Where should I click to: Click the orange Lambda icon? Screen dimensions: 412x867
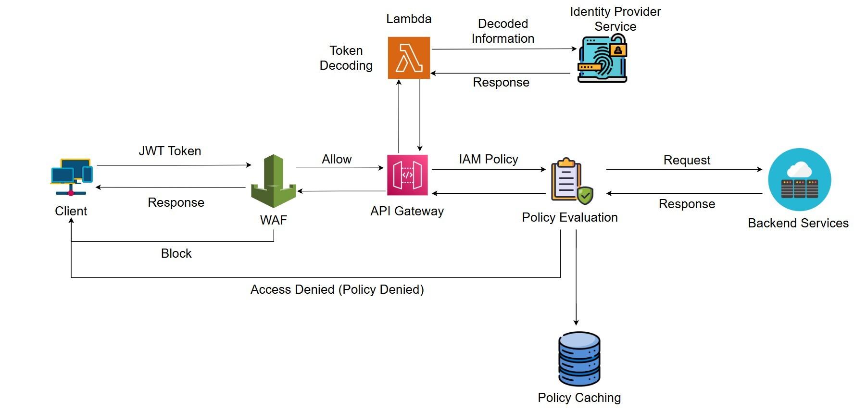click(x=409, y=58)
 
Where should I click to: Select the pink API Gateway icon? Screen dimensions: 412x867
click(x=407, y=175)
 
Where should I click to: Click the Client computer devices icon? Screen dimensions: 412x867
click(x=71, y=176)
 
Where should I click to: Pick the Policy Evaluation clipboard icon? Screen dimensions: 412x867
click(x=568, y=181)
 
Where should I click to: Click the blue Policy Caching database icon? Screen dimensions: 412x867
click(x=579, y=359)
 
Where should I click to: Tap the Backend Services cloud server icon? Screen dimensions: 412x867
click(x=799, y=179)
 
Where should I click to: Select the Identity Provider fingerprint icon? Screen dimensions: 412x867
click(x=601, y=59)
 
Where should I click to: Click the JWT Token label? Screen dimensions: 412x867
click(x=170, y=151)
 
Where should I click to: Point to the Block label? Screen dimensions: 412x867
click(x=176, y=253)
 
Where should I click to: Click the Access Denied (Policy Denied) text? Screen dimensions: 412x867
click(x=337, y=289)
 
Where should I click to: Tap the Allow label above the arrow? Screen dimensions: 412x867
click(x=337, y=159)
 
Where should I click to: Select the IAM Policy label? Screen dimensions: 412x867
click(x=489, y=159)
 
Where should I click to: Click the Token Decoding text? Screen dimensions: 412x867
click(x=346, y=58)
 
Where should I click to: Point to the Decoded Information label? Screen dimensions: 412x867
click(x=503, y=31)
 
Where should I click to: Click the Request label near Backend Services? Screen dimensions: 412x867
click(x=687, y=160)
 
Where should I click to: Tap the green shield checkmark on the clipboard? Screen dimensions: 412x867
click(x=585, y=195)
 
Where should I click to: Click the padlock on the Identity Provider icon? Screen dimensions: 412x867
click(x=618, y=49)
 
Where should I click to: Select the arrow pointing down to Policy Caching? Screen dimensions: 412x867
click(x=576, y=279)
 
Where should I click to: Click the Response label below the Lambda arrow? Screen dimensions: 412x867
click(x=501, y=82)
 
